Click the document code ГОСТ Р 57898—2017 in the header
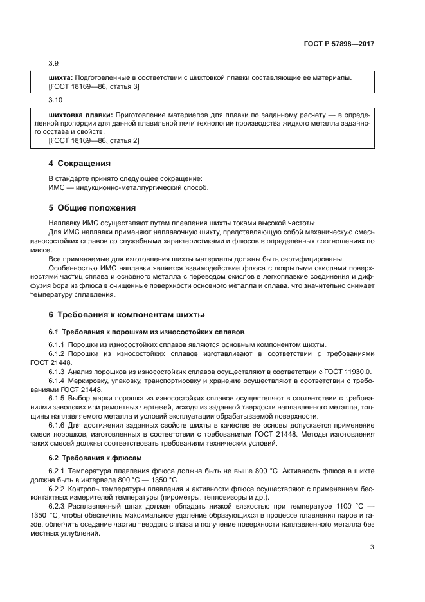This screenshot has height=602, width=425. coord(338,45)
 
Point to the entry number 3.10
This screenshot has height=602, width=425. coord(55,100)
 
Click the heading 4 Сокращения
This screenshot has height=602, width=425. coord(80,164)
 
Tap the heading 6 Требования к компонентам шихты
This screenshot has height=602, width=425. coord(127,315)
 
